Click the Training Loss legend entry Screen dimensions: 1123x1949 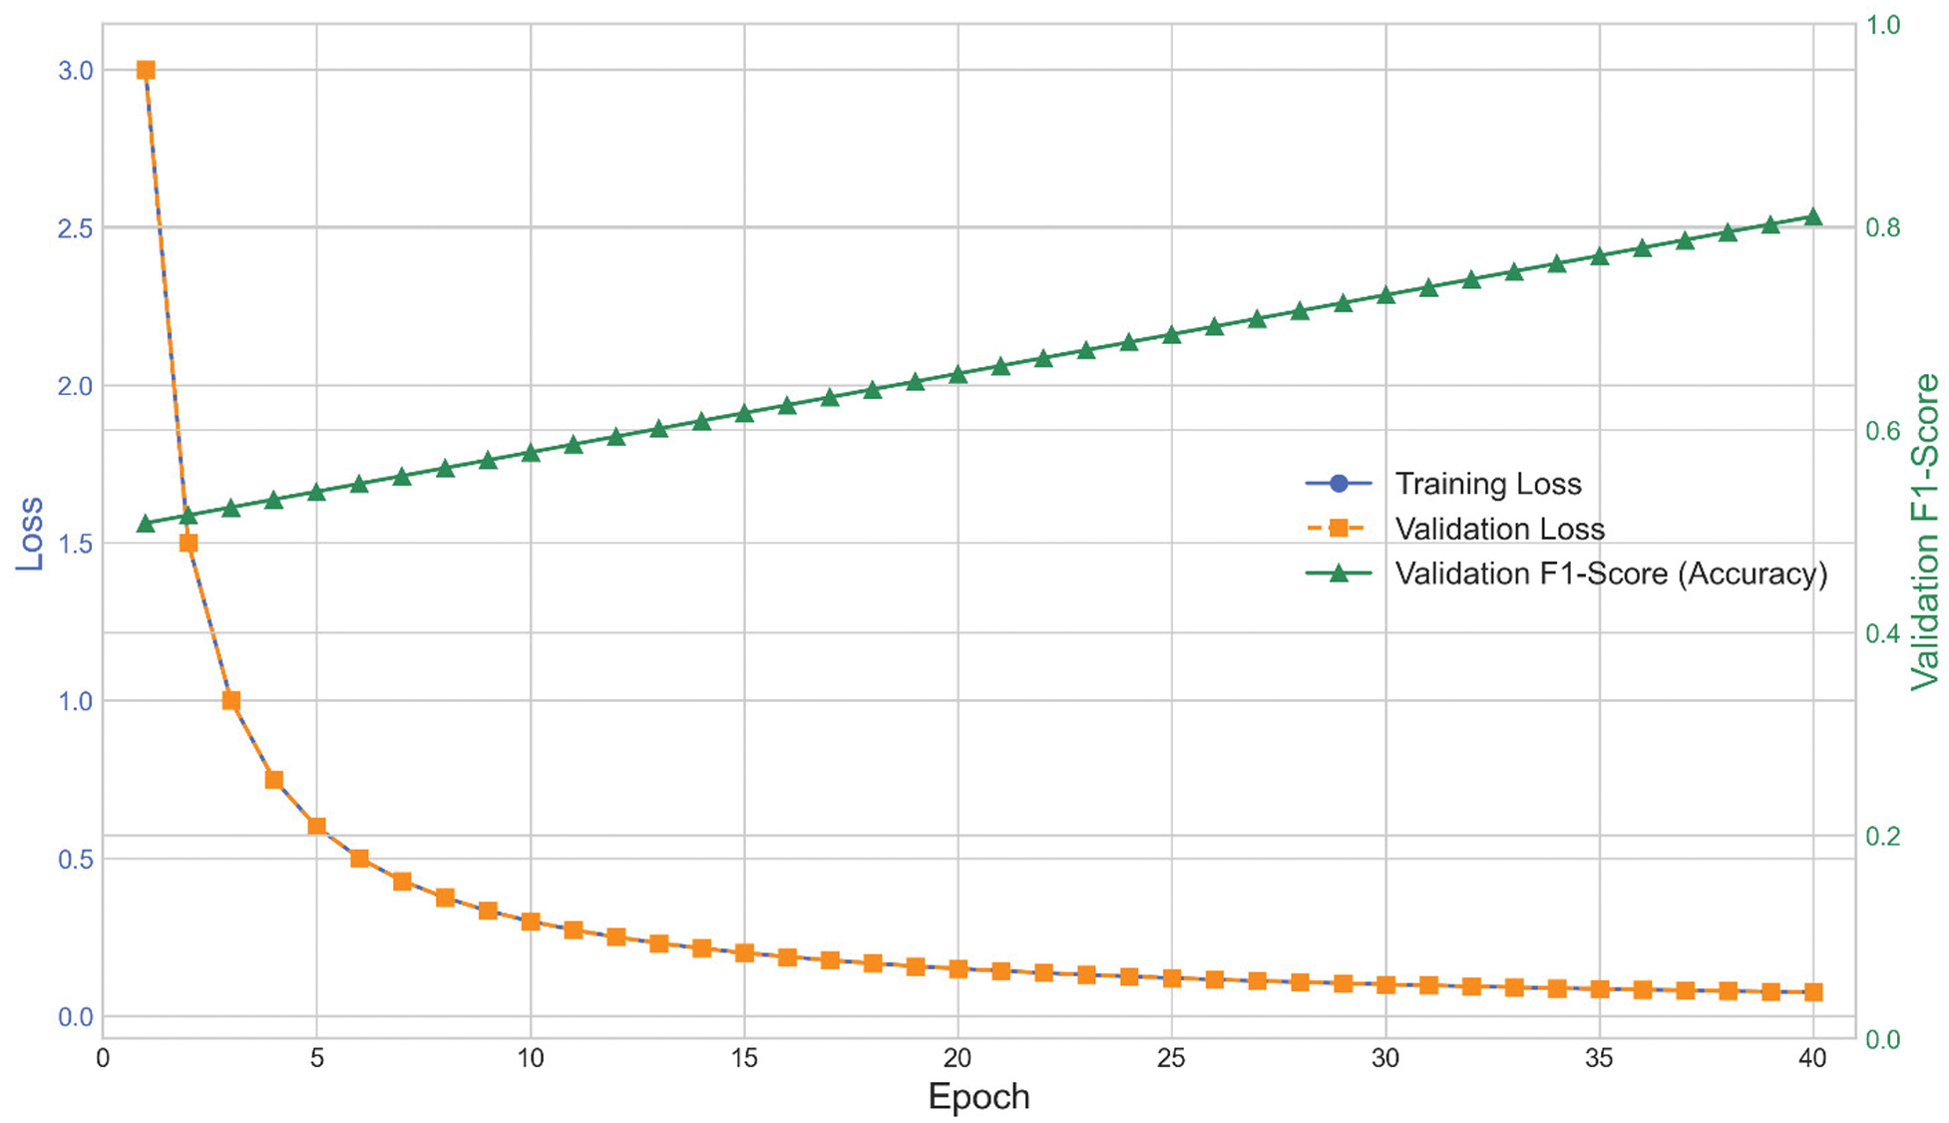[1487, 484]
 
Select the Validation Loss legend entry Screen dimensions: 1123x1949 [1499, 529]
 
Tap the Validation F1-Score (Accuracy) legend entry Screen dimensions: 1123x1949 [1610, 573]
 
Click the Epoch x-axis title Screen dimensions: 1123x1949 [977, 1096]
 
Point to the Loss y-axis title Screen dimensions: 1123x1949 [30, 533]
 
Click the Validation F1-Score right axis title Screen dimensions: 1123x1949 [1925, 532]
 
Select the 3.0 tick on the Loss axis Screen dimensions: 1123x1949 [75, 71]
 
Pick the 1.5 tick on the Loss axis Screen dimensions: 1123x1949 [75, 544]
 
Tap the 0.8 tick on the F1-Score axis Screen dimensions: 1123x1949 [1883, 227]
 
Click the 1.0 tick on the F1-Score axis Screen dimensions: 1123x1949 [1883, 25]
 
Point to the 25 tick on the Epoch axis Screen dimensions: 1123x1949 [1171, 1058]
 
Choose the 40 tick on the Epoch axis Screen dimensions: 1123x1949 [1812, 1058]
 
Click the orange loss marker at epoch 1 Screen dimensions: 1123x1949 [146, 70]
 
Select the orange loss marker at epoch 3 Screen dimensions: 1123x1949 [231, 700]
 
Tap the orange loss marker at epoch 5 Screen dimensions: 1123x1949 [317, 826]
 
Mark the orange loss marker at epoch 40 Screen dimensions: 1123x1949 [1813, 991]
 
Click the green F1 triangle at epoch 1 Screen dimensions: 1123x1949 [146, 524]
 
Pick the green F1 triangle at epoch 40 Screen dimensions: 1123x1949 [1813, 217]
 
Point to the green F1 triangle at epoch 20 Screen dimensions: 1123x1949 [958, 375]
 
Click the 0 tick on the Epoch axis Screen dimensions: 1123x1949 [103, 1058]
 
